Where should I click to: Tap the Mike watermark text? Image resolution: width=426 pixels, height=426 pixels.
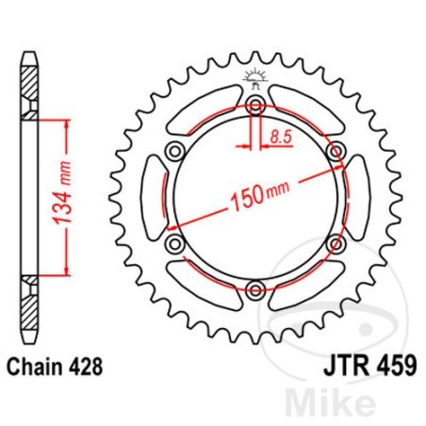pos(366,401)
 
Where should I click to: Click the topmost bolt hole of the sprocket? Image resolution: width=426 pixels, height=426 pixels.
pos(254,106)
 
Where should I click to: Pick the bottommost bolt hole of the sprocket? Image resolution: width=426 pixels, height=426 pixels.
pos(254,289)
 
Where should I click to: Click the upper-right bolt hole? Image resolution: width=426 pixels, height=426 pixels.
pos(335,152)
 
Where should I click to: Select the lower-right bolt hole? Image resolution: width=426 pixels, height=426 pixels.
pos(335,244)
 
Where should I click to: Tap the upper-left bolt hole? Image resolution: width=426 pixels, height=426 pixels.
pos(174,152)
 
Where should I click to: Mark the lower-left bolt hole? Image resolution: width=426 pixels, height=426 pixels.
pos(174,244)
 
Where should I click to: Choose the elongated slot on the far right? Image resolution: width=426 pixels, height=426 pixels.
pos(359,198)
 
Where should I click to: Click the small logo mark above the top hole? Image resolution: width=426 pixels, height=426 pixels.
pos(254,77)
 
